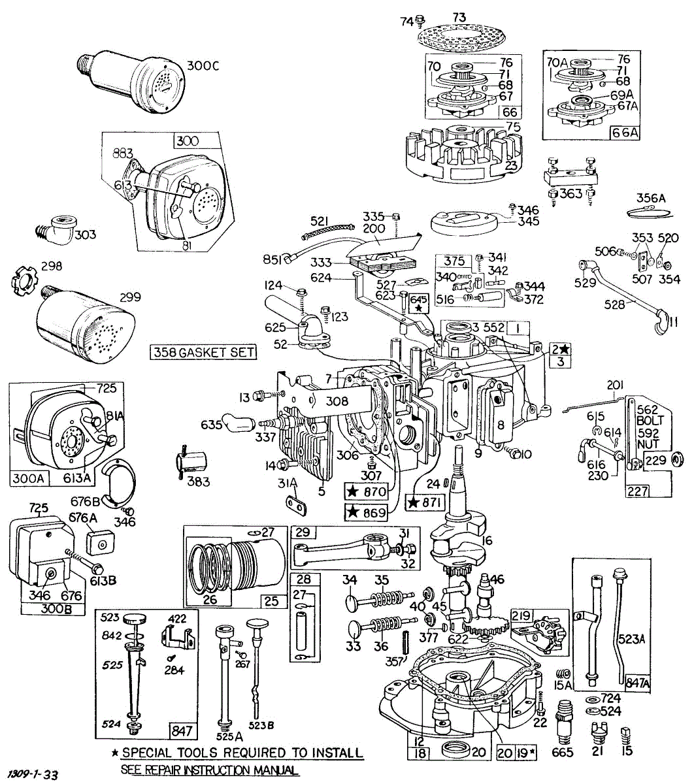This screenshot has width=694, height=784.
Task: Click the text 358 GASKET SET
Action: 203,352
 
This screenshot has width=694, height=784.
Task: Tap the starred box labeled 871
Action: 425,502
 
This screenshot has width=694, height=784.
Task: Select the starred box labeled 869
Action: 365,512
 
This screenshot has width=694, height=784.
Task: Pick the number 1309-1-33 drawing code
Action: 30,775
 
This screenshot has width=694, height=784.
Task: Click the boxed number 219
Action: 521,615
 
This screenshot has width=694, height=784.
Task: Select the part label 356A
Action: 651,198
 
